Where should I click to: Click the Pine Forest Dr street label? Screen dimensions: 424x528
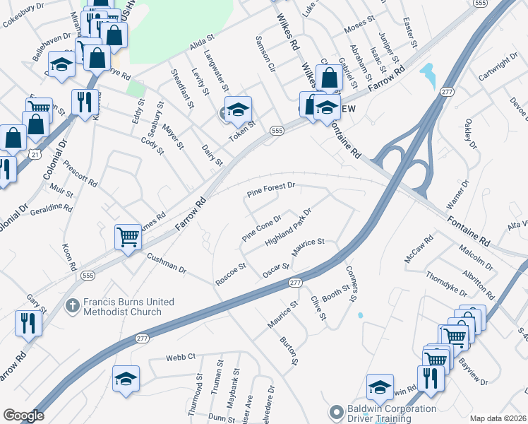point(270,190)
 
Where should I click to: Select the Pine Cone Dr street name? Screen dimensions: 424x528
point(261,228)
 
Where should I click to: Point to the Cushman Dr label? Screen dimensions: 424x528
point(167,264)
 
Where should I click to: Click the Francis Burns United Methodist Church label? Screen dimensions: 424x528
point(128,306)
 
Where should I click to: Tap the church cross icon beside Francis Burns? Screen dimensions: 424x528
point(71,306)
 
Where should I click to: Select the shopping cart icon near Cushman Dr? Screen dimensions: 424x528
point(128,236)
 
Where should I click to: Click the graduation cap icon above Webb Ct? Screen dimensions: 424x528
point(126,378)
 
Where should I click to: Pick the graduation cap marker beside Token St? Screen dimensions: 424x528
point(239,109)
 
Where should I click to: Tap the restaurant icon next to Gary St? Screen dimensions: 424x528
point(28,322)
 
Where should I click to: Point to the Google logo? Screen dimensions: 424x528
point(23,416)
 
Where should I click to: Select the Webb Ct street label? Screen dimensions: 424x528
point(181,358)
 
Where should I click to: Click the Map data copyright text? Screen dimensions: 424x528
point(498,418)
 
